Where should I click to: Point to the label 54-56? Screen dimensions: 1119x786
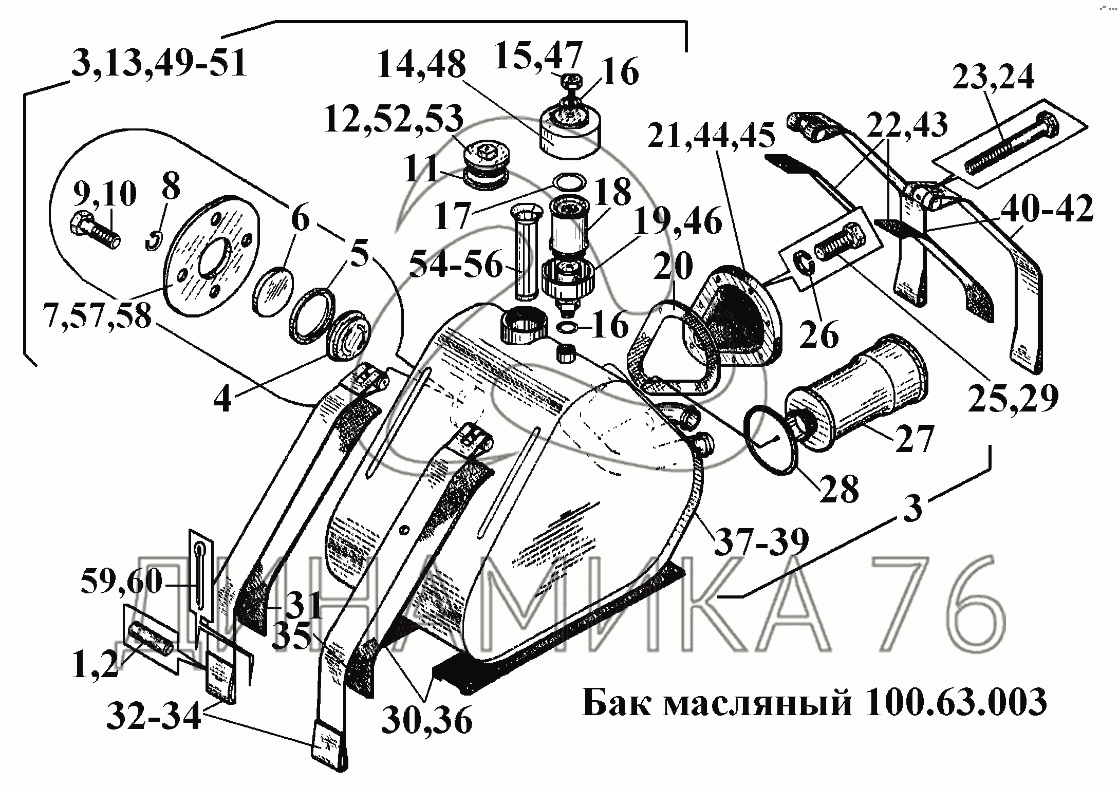(455, 266)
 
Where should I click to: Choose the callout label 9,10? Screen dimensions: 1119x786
(105, 195)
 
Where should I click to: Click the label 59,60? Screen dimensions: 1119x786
(121, 582)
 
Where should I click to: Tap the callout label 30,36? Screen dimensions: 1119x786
(426, 721)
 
